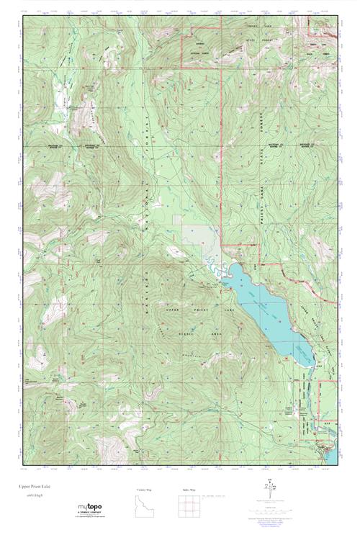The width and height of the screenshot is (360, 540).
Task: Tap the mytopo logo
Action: [91, 508]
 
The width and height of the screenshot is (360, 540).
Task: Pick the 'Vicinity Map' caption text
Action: [144, 490]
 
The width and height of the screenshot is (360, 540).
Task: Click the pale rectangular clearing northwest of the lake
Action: [198, 234]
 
